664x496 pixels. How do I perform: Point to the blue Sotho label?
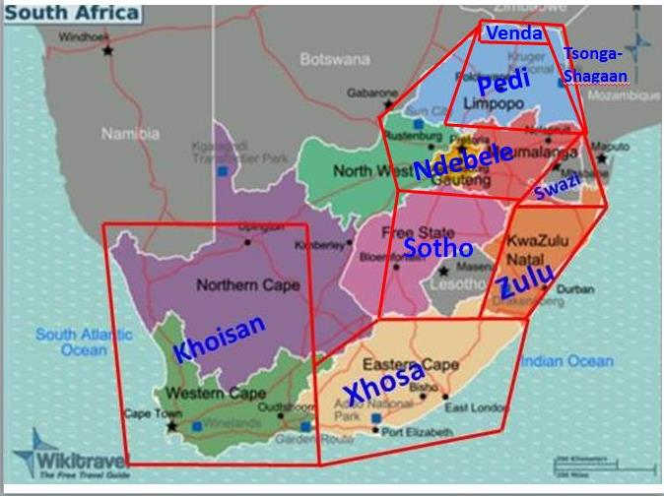tap(437, 248)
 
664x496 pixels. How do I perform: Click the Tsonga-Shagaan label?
tap(594, 64)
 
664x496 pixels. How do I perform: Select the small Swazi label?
tap(558, 185)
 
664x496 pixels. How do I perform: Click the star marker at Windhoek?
tap(108, 50)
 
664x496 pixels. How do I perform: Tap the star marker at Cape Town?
tap(172, 427)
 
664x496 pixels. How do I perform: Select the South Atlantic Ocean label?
tap(70, 341)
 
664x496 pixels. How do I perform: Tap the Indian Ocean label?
tap(565, 361)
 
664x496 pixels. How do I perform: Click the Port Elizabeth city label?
tap(418, 432)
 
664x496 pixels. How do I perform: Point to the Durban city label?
tap(574, 290)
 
